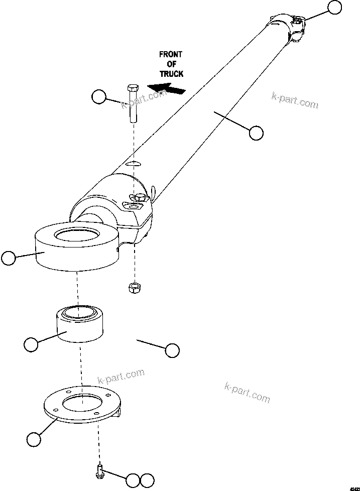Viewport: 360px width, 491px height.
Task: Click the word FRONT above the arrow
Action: (x=171, y=54)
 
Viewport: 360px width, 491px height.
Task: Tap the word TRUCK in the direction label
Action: (x=171, y=73)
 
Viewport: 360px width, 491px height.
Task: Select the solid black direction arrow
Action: (x=169, y=89)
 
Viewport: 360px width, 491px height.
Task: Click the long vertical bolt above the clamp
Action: (x=133, y=103)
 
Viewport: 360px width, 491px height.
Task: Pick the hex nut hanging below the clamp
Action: (x=134, y=288)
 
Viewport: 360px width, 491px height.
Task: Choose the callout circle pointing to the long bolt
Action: (x=99, y=96)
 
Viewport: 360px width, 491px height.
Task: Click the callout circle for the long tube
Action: (x=256, y=133)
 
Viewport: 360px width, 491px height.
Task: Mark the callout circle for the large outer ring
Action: (x=8, y=259)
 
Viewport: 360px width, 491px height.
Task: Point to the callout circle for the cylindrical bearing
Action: (x=31, y=345)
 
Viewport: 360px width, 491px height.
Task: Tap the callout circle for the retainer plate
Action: (x=33, y=439)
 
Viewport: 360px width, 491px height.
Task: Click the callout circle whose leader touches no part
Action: (x=172, y=350)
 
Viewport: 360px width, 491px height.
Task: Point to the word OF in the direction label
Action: (x=171, y=64)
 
